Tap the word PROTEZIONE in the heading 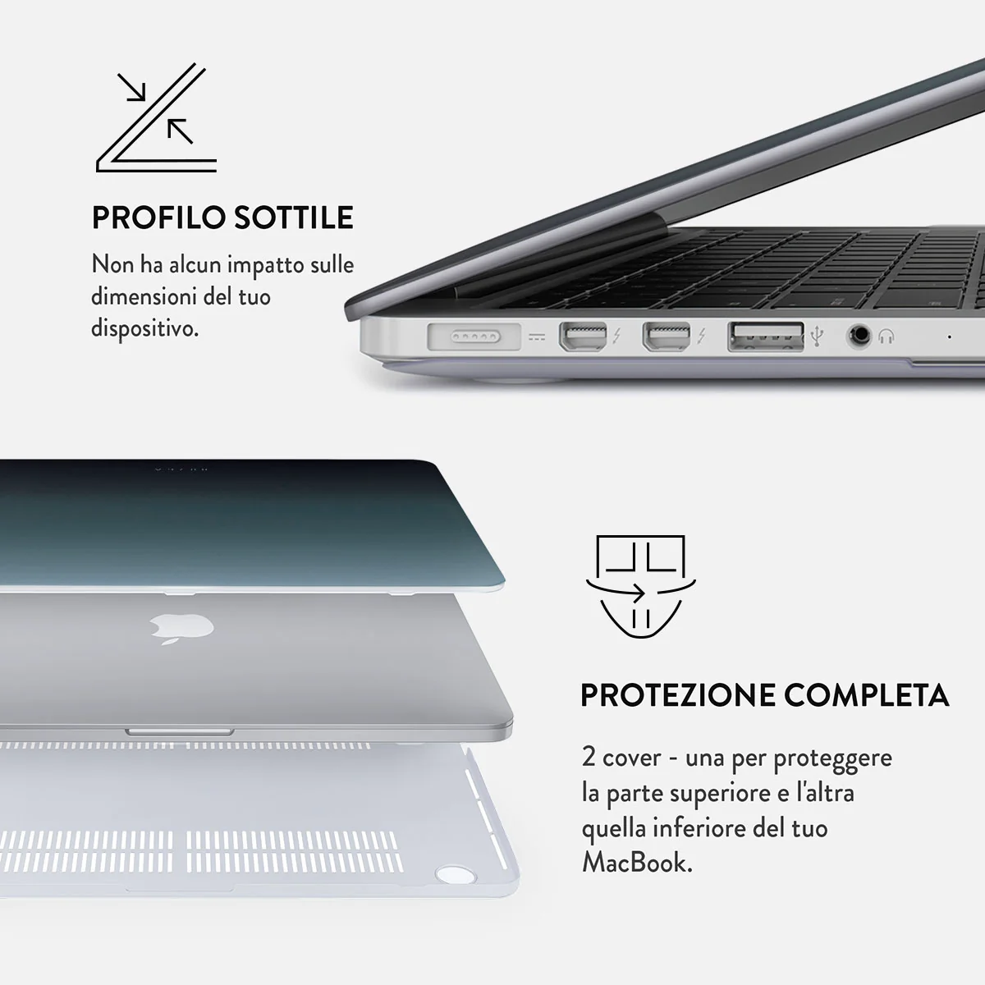pos(677,695)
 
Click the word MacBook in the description pos(637,863)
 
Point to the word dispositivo pos(144,328)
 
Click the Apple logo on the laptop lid pos(181,628)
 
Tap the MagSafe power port pos(474,337)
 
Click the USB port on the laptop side pos(765,337)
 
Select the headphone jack pos(859,336)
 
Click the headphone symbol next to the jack pos(886,337)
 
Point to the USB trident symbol pos(817,336)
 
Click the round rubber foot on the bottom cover pos(456,874)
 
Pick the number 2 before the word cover pos(589,757)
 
